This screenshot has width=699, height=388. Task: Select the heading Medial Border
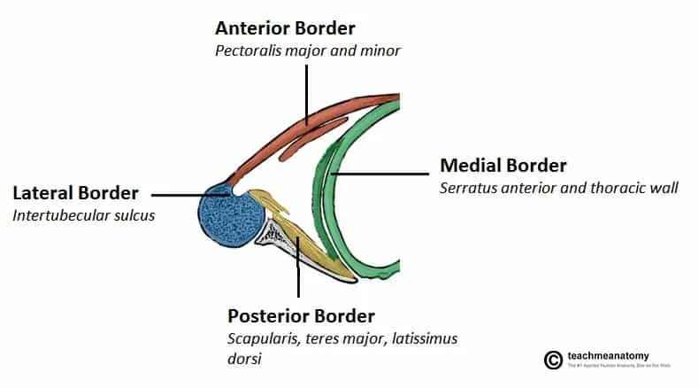503,166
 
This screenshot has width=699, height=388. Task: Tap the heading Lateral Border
75,193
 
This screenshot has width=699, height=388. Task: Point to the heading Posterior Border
302,316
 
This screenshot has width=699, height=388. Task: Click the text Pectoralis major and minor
308,50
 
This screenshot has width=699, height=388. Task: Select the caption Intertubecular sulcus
83,215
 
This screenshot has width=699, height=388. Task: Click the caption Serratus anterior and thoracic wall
558,188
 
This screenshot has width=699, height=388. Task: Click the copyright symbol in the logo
553,360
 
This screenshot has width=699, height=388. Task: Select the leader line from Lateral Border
186,193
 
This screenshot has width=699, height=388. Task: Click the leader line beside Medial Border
380,175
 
